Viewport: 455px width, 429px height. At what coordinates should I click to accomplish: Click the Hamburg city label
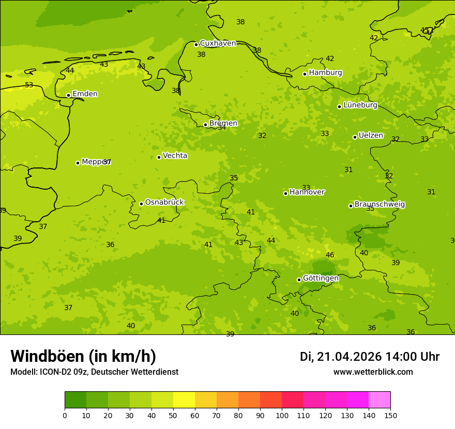pos(325,73)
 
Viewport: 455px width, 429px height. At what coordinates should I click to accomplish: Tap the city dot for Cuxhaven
pos(196,44)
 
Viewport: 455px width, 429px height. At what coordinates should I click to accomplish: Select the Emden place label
pos(85,94)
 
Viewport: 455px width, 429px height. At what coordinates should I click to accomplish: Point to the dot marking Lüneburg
pos(339,106)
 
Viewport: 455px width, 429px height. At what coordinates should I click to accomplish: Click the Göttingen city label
pos(321,278)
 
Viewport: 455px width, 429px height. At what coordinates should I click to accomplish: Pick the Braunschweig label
pos(380,205)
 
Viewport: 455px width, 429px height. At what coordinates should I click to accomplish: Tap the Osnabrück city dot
pos(141,204)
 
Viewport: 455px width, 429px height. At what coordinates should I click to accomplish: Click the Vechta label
pos(175,156)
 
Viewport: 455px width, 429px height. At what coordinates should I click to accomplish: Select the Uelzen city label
pos(371,136)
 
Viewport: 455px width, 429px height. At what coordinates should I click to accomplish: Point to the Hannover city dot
pos(285,193)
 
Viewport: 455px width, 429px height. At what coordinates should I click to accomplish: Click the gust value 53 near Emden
pos(29,85)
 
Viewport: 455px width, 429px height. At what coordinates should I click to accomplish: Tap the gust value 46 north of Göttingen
pos(330,255)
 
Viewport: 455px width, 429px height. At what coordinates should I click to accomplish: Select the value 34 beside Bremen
pos(222,128)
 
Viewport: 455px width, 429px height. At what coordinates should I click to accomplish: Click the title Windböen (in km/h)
pos(83,356)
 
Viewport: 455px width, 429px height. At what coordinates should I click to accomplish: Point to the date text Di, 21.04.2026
pos(341,357)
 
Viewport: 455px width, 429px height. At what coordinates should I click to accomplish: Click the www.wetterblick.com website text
pos(373,372)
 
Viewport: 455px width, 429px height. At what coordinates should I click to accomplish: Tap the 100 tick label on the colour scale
pos(282,415)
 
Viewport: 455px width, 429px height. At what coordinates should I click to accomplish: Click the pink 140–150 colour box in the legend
pos(380,400)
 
